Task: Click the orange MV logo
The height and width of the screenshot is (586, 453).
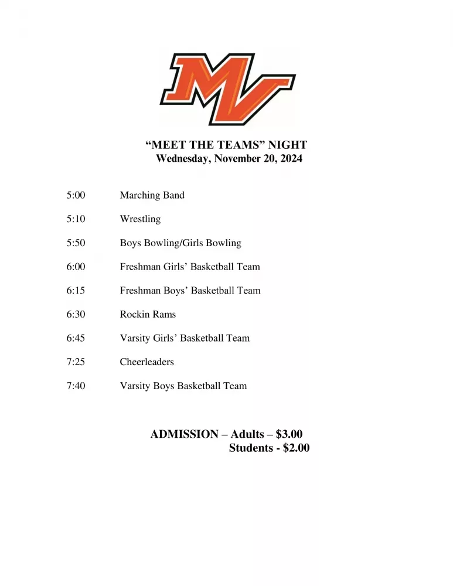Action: [x=227, y=88]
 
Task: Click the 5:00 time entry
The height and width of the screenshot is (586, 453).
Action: [x=76, y=195]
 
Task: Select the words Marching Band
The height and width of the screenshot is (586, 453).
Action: [x=152, y=195]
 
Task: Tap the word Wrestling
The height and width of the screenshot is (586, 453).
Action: [x=140, y=219]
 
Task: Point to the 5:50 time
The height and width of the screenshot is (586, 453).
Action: [x=76, y=243]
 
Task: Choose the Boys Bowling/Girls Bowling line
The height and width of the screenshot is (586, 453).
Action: [x=180, y=243]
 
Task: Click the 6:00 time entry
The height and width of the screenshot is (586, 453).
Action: [x=76, y=267]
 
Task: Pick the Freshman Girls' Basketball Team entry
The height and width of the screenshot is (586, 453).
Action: [x=190, y=267]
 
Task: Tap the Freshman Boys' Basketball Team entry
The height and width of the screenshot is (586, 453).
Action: [x=190, y=291]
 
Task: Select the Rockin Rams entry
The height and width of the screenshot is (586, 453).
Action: [x=148, y=314]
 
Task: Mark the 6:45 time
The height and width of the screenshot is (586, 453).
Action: [x=76, y=338]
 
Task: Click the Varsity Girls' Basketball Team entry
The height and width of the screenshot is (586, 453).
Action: [x=185, y=338]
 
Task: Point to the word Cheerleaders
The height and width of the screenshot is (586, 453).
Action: [x=147, y=362]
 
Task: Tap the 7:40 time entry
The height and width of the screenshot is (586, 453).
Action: [x=76, y=386]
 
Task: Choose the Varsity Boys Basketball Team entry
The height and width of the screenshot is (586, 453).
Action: [x=183, y=386]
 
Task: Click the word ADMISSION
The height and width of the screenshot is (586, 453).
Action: [x=184, y=434]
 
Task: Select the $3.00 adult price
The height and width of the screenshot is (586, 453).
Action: [x=289, y=434]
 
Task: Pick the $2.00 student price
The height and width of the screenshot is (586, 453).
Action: [x=296, y=448]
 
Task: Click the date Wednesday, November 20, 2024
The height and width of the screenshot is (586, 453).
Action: [x=229, y=159]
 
